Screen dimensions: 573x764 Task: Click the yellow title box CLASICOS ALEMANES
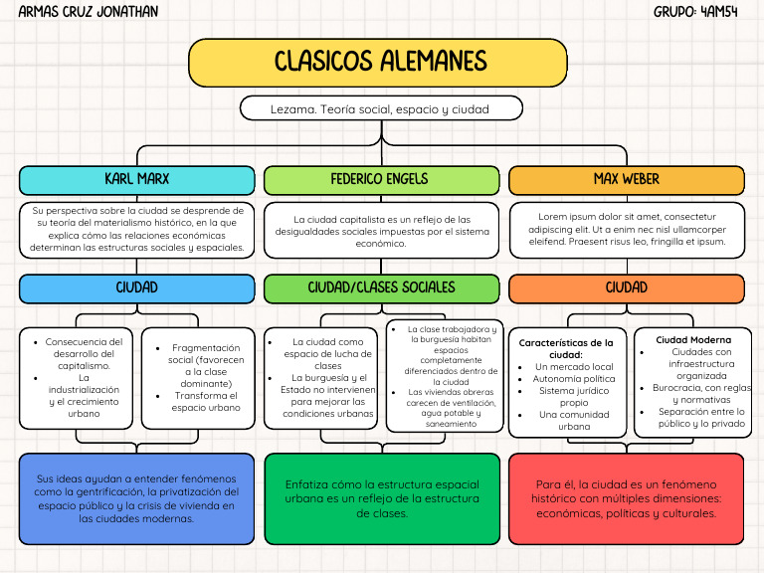pyautogui.click(x=381, y=63)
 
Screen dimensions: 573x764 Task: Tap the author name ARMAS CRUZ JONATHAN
pyautogui.click(x=88, y=12)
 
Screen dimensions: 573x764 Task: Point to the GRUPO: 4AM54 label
pyautogui.click(x=695, y=12)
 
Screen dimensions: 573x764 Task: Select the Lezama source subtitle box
pyautogui.click(x=381, y=108)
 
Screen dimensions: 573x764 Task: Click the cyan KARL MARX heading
pyautogui.click(x=137, y=180)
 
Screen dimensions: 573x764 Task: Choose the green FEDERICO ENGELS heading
pyautogui.click(x=381, y=180)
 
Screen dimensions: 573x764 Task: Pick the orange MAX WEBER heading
pyautogui.click(x=626, y=180)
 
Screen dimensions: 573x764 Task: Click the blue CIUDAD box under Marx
pyautogui.click(x=137, y=288)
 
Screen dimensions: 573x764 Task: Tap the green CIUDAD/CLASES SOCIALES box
pyautogui.click(x=381, y=288)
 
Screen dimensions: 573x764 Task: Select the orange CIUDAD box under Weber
pyautogui.click(x=626, y=288)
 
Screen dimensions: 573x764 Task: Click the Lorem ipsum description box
pyautogui.click(x=626, y=229)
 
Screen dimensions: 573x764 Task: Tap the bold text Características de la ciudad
pyautogui.click(x=567, y=348)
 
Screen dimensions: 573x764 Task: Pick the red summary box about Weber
pyautogui.click(x=626, y=498)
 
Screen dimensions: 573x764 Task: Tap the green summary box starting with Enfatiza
pyautogui.click(x=381, y=498)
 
